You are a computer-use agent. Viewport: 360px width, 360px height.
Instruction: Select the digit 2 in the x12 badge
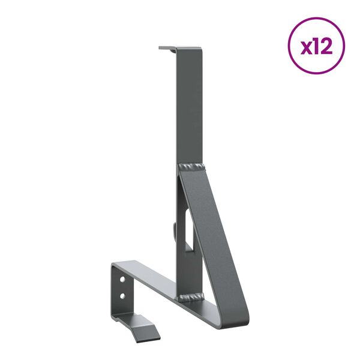(x=328, y=46)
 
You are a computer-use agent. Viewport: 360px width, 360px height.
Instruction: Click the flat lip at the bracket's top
(x=167, y=48)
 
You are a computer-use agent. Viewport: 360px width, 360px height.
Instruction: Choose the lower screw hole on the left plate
(x=123, y=295)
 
